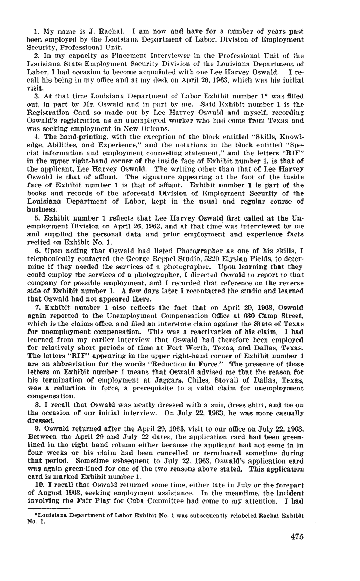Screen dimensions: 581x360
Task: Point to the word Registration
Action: pos(48,112)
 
